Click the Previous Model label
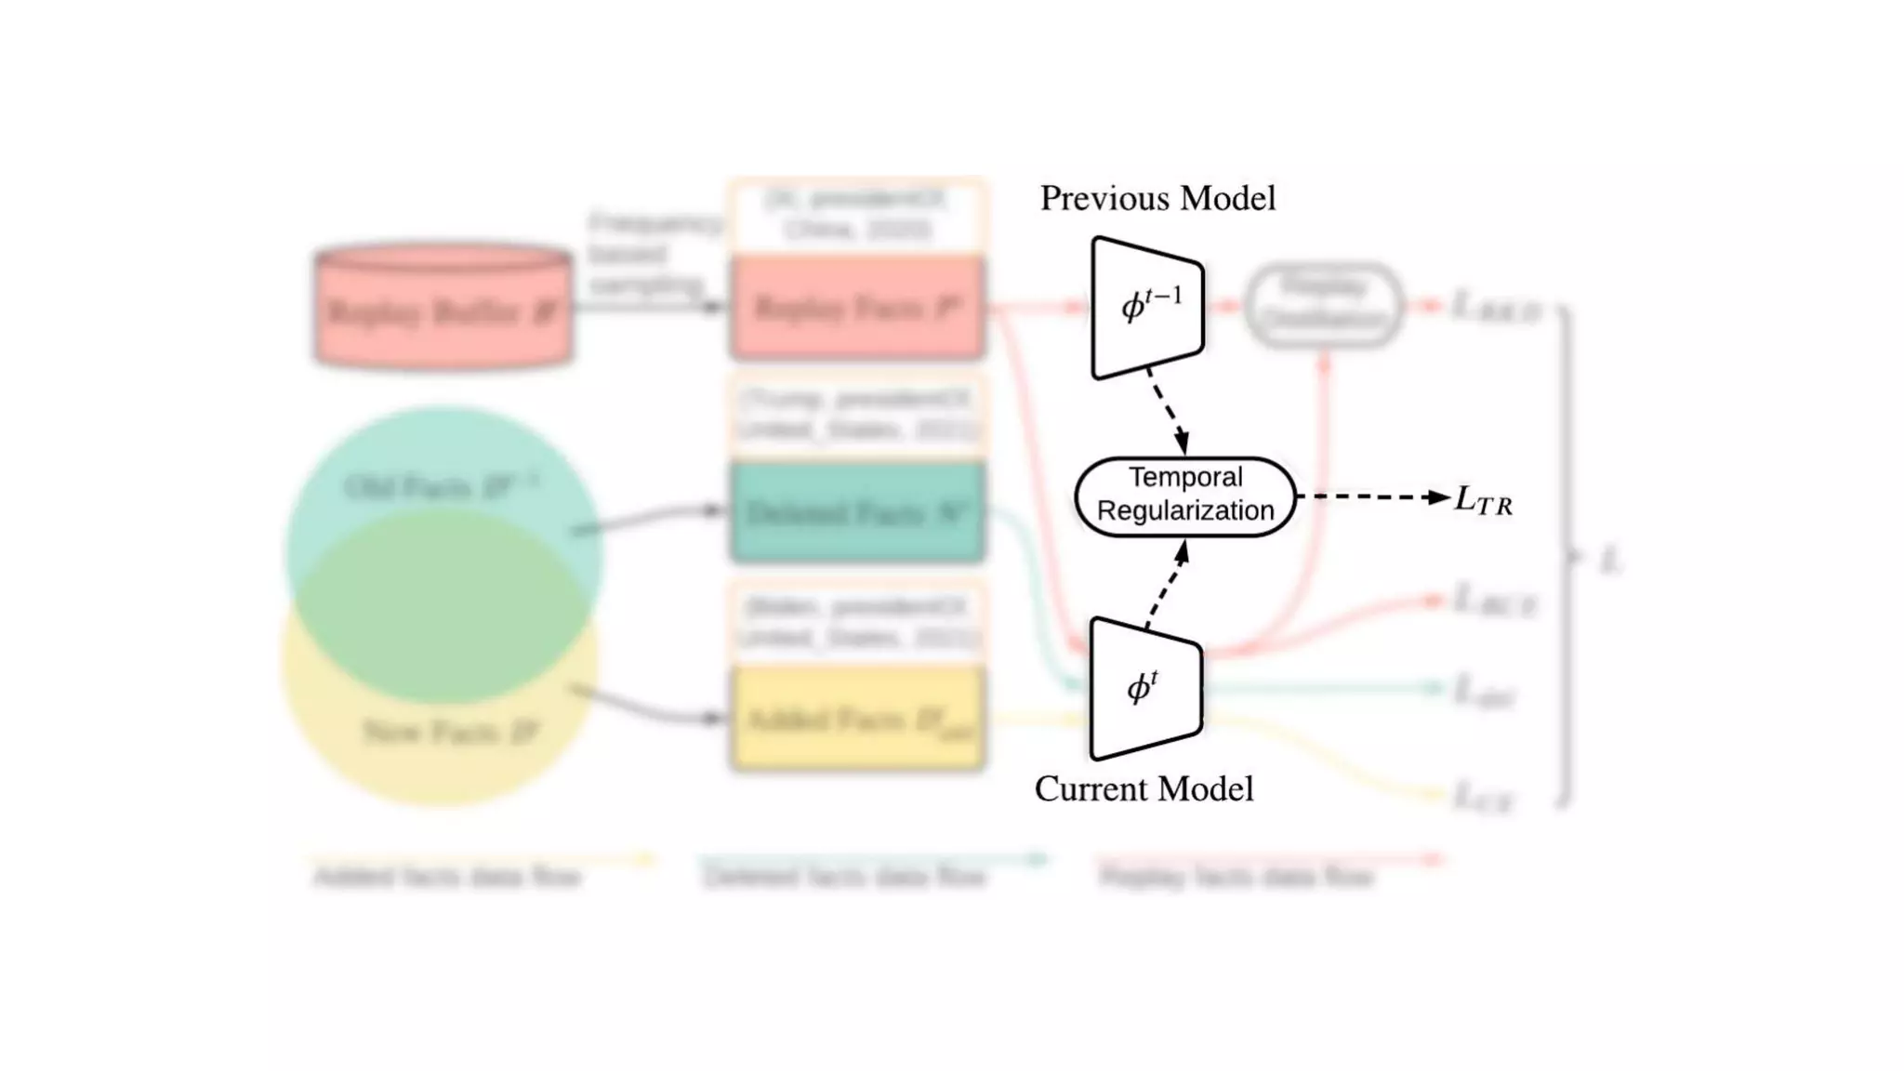pyautogui.click(x=1157, y=198)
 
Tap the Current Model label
pyautogui.click(x=1144, y=789)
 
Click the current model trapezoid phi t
pyautogui.click(x=1145, y=689)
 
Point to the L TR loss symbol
pyautogui.click(x=1483, y=501)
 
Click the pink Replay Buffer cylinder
pyautogui.click(x=443, y=307)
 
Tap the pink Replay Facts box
pyautogui.click(x=857, y=308)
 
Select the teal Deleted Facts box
pyautogui.click(x=857, y=513)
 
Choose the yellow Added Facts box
pyautogui.click(x=857, y=720)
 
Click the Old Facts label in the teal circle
pyautogui.click(x=441, y=486)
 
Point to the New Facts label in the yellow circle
pyautogui.click(x=450, y=733)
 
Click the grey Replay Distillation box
pyautogui.click(x=1324, y=305)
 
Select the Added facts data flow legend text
pyautogui.click(x=447, y=877)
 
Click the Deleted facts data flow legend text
pyautogui.click(x=843, y=877)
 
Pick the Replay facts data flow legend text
pyautogui.click(x=1236, y=877)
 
